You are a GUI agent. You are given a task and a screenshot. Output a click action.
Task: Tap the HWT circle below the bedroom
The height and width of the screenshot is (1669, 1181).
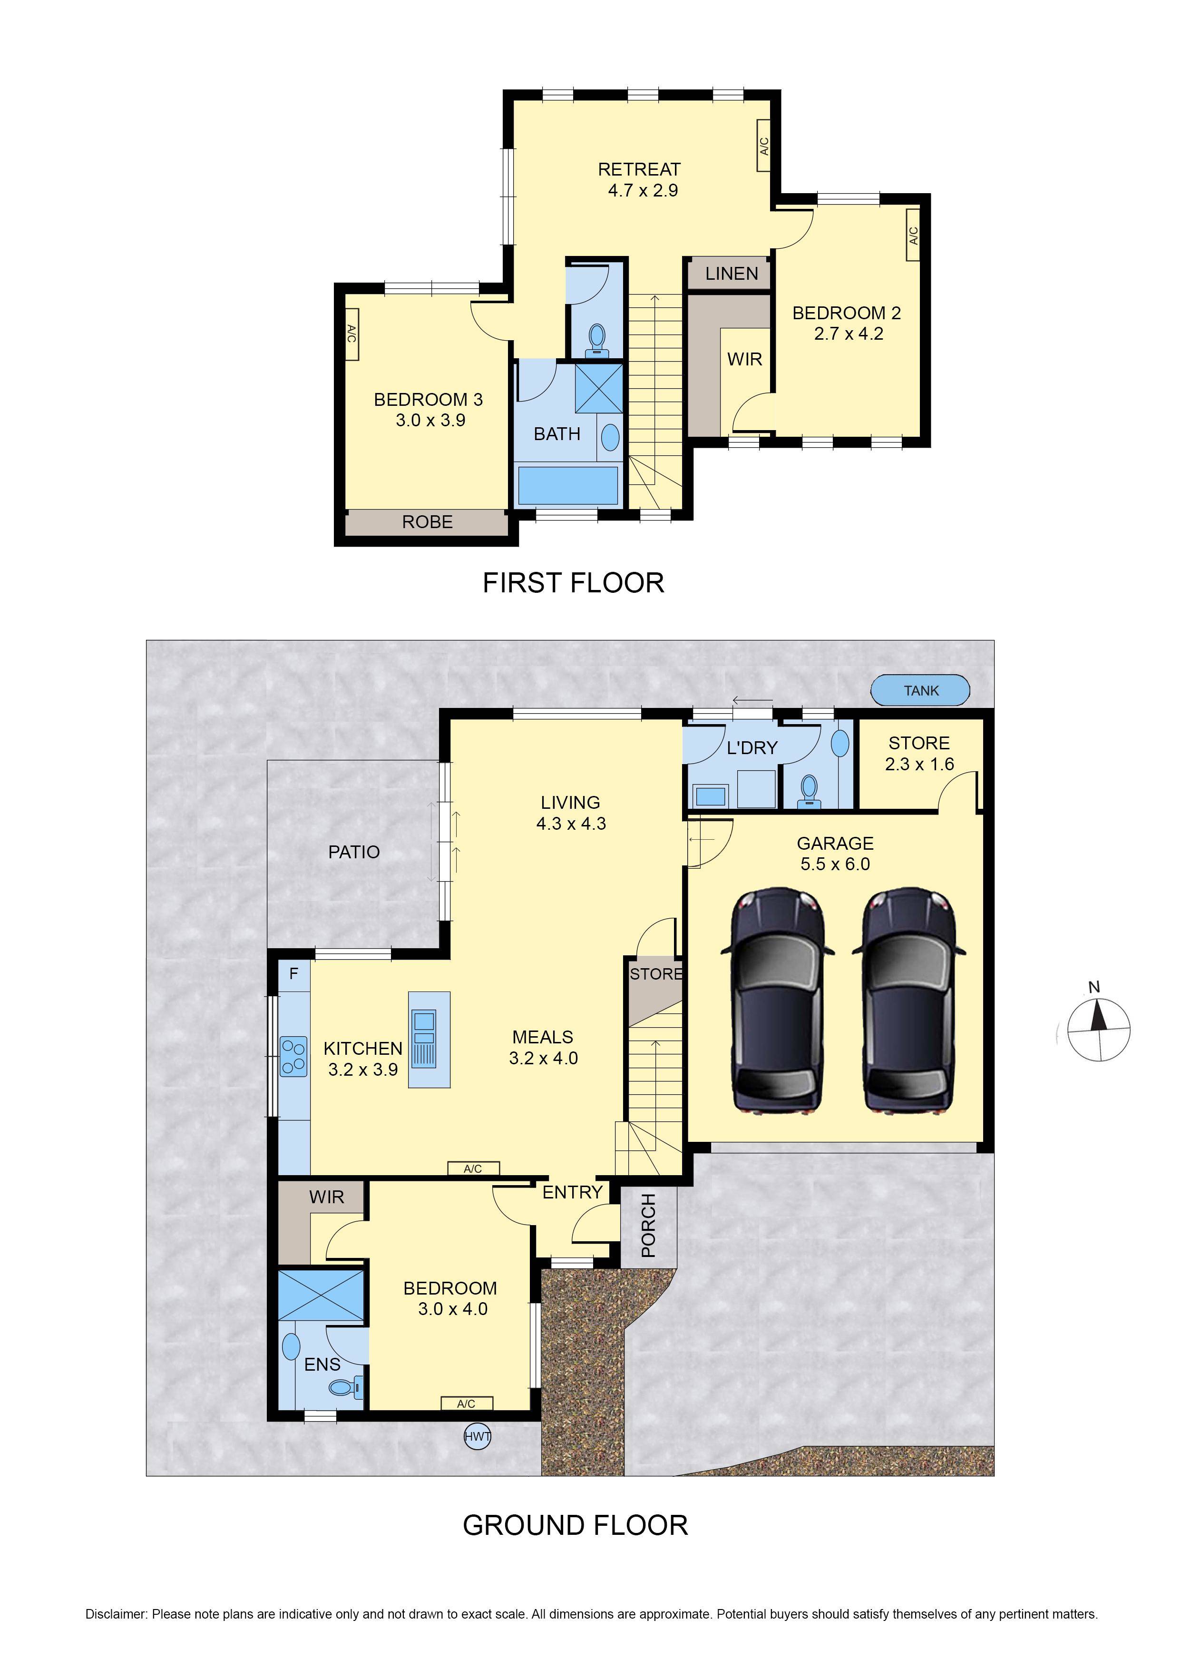(x=477, y=1436)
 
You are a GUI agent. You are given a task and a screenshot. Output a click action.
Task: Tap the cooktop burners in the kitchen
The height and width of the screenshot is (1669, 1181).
(x=293, y=1056)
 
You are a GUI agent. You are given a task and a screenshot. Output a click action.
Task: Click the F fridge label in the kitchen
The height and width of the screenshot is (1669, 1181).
(x=294, y=974)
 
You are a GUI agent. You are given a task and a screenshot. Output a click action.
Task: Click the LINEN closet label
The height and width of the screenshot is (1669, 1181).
(x=732, y=274)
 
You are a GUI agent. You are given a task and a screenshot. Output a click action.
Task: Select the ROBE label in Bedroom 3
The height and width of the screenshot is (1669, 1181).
(x=428, y=521)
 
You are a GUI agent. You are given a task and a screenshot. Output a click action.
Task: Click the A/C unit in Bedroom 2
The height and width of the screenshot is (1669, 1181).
(x=913, y=235)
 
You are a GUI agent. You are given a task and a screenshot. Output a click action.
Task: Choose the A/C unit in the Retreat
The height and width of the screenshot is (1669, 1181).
(x=763, y=146)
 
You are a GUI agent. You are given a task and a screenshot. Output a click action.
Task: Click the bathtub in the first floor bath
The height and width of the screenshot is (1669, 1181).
(x=567, y=485)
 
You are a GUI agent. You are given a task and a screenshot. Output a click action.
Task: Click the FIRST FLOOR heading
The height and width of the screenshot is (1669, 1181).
(x=573, y=582)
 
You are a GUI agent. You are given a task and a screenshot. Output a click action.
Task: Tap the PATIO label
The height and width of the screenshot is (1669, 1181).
(x=354, y=852)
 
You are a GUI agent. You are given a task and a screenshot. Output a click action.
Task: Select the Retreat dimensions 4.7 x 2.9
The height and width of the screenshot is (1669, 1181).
(x=643, y=190)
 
